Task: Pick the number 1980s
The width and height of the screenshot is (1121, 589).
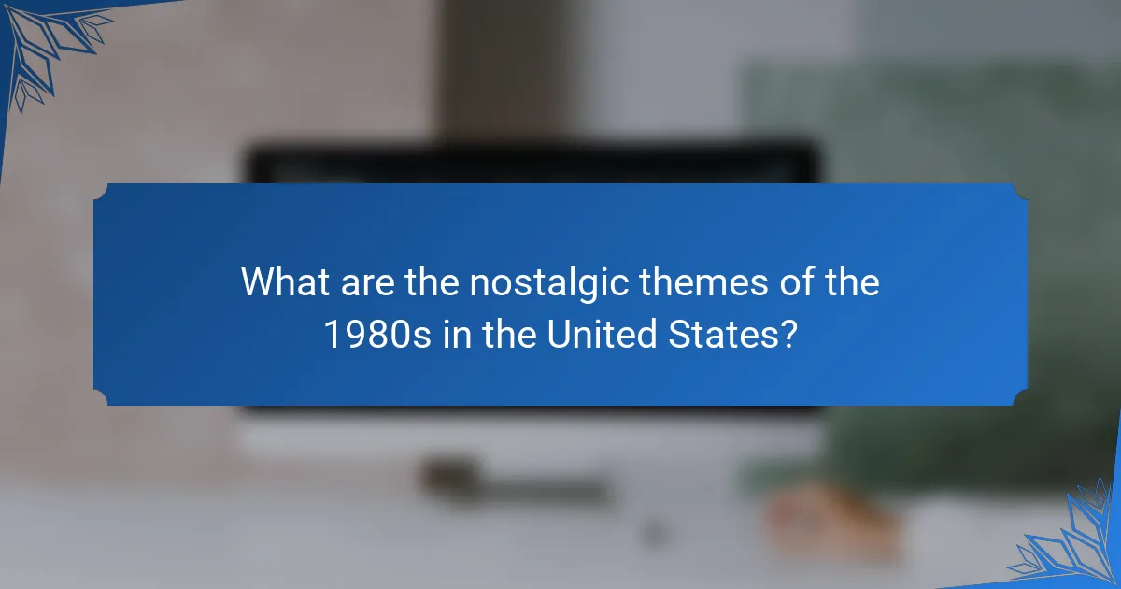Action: tap(377, 334)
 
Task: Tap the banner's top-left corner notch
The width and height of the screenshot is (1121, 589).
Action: tap(97, 188)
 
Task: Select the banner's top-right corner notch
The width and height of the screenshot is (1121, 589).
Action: tap(1024, 188)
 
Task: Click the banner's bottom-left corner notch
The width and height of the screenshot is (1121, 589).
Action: tap(97, 401)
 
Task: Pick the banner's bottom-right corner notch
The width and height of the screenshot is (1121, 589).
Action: tap(1024, 401)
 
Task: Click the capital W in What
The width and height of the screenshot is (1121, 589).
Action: tap(258, 282)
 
